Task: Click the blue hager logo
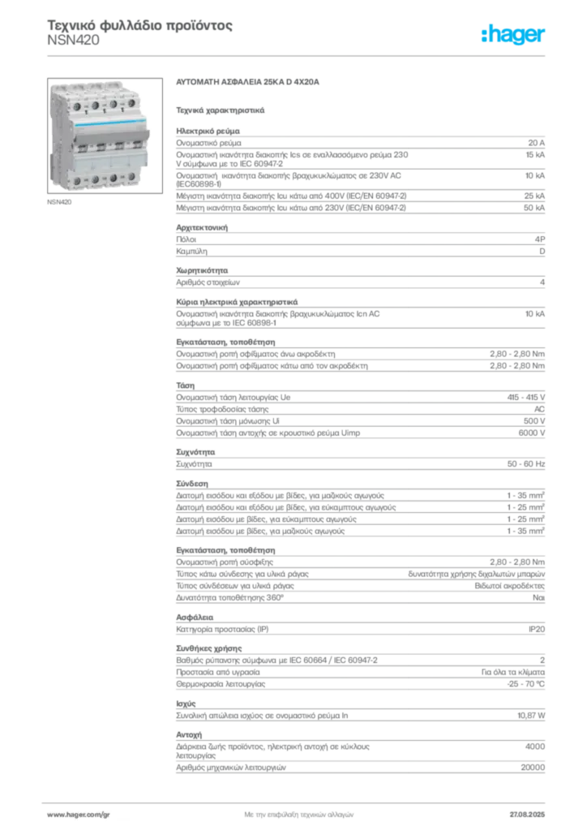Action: pos(514,34)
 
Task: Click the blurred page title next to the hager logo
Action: pos(142,28)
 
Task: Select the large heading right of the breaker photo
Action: pos(250,83)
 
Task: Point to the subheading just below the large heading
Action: pos(221,108)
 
